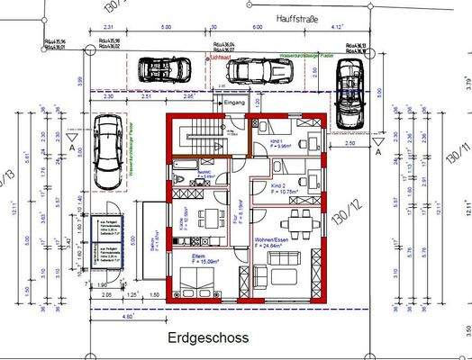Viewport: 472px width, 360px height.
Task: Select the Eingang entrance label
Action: [x=233, y=105]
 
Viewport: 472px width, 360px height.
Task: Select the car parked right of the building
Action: [x=349, y=96]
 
